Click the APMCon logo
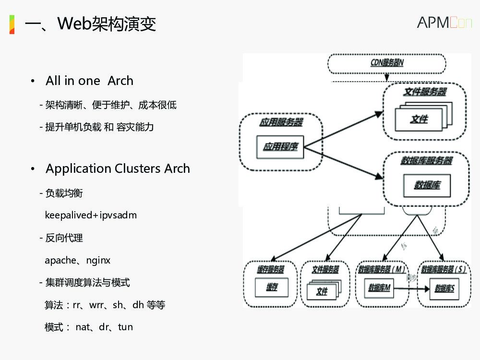click(x=444, y=22)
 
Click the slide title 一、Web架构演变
click(x=90, y=24)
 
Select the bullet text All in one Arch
click(x=89, y=81)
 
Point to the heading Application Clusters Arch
click(x=118, y=168)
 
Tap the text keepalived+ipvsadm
click(x=91, y=215)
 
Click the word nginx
click(x=98, y=260)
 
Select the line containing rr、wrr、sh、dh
click(x=105, y=305)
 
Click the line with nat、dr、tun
click(x=89, y=327)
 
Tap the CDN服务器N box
click(x=387, y=63)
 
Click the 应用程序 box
click(x=280, y=146)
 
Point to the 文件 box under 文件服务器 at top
click(x=418, y=119)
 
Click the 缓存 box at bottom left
click(x=272, y=288)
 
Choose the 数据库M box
click(x=379, y=288)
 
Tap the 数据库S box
click(x=444, y=288)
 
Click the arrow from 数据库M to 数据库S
click(x=411, y=288)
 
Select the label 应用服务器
click(x=281, y=122)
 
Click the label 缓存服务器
click(x=271, y=269)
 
